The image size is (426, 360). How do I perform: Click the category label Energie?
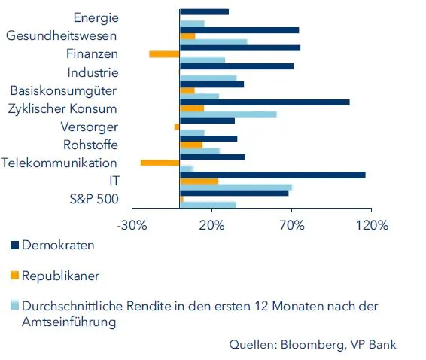pos(95,17)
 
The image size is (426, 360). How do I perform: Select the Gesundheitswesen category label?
pos(62,35)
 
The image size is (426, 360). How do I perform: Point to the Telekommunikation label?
pos(59,163)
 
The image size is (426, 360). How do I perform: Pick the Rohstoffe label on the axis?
pos(90,145)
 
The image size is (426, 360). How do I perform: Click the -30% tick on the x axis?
pos(133,225)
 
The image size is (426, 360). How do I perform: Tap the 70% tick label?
pos(292,225)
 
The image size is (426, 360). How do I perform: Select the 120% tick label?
pos(371,225)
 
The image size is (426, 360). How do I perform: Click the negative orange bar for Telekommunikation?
pos(160,163)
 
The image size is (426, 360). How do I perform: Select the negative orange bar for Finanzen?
pos(164,53)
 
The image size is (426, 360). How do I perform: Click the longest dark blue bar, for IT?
pos(272,175)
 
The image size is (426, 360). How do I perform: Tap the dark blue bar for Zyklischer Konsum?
pos(264,102)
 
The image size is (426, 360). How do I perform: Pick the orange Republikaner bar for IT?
pos(199,181)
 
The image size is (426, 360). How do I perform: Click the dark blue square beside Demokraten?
pos(14,246)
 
